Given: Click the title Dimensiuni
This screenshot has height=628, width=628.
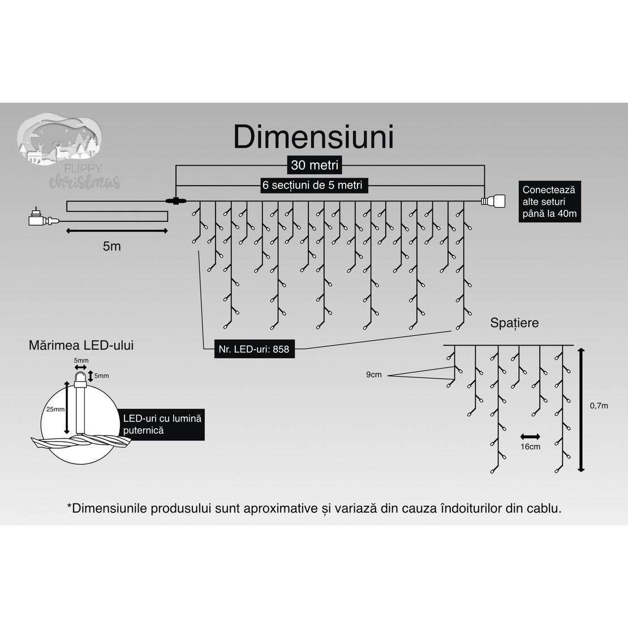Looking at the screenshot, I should point(313,137).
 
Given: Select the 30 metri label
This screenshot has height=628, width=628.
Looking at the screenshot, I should point(315,165).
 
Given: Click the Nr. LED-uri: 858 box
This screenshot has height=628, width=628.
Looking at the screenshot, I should point(254,349).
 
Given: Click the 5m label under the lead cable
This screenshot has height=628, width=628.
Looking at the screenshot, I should point(112,246).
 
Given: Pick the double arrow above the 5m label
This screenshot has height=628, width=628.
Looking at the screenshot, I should point(117,231).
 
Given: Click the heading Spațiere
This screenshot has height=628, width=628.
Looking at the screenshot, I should point(514,323).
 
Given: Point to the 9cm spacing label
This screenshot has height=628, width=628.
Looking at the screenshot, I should point(374,375).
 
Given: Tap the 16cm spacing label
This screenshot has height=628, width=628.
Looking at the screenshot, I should point(530,446).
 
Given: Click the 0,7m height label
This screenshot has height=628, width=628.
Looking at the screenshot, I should point(599,406).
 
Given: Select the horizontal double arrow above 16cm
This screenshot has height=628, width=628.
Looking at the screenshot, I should point(530,436).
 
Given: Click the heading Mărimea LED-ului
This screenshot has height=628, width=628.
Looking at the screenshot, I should point(81,345).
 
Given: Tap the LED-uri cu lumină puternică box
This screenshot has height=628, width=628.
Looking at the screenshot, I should point(162,424).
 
